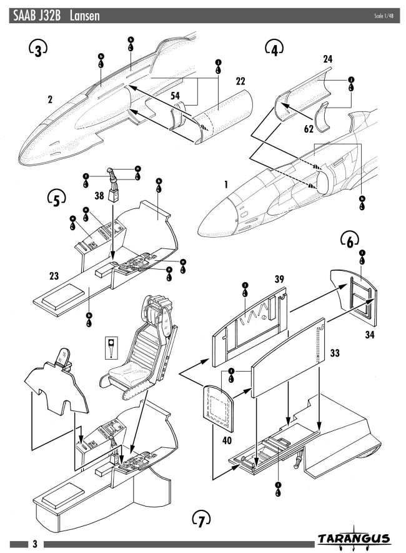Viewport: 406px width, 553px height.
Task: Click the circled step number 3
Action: (x=37, y=49)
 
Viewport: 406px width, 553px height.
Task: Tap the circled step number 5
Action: (x=57, y=200)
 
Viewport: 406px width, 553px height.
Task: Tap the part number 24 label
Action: (x=327, y=59)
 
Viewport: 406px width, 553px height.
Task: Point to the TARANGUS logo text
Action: (x=354, y=539)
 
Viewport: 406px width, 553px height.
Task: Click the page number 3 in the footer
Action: (x=35, y=544)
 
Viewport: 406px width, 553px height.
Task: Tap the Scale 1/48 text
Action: (x=384, y=15)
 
